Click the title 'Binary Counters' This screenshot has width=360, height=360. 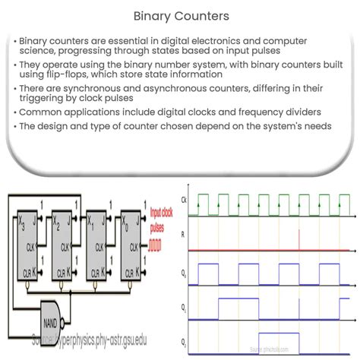coord(180,15)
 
